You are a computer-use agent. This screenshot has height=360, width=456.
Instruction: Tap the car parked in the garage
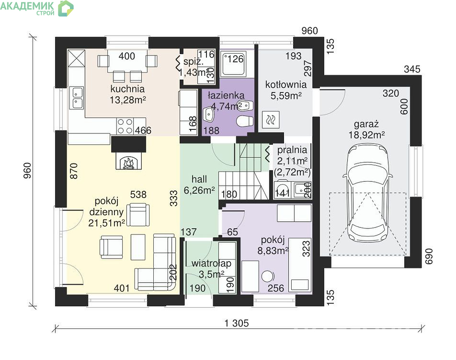click(x=367, y=193)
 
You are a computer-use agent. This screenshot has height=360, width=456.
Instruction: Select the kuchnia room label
click(x=127, y=89)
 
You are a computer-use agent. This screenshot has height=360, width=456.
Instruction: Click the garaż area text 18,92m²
click(x=367, y=135)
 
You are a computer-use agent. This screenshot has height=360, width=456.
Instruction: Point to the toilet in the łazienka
click(x=245, y=121)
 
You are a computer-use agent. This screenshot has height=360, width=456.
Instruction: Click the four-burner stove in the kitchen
click(x=125, y=126)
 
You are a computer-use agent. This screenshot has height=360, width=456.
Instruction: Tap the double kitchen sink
click(x=77, y=98)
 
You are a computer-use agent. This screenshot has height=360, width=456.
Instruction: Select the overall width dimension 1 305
click(x=237, y=323)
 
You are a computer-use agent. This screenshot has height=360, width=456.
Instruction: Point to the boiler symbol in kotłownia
click(x=271, y=120)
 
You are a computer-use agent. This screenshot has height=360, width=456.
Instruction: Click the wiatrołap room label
click(x=211, y=263)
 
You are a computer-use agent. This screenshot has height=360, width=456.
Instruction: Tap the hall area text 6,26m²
click(x=199, y=190)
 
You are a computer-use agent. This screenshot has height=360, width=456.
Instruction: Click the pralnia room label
click(x=292, y=150)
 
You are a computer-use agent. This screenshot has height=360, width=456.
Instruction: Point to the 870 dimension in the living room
click(x=74, y=171)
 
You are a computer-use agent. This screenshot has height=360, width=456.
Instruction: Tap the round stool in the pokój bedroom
click(x=267, y=276)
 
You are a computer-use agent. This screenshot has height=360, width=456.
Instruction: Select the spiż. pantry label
click(x=194, y=62)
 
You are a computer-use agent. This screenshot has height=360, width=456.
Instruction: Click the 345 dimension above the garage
click(x=412, y=69)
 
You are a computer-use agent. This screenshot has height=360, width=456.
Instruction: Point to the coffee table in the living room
click(x=138, y=247)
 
